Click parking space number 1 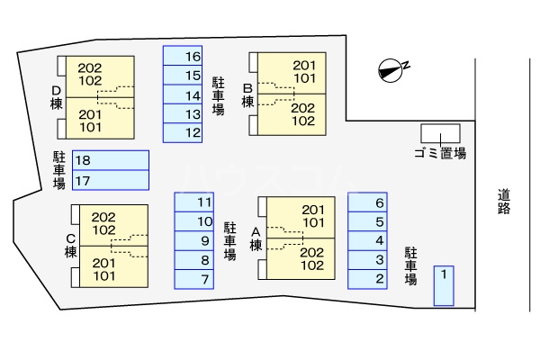click(x=444, y=285)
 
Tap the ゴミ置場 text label click(x=440, y=154)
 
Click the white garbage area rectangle click(x=440, y=131)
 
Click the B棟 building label click(x=247, y=96)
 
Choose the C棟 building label click(x=70, y=245)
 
